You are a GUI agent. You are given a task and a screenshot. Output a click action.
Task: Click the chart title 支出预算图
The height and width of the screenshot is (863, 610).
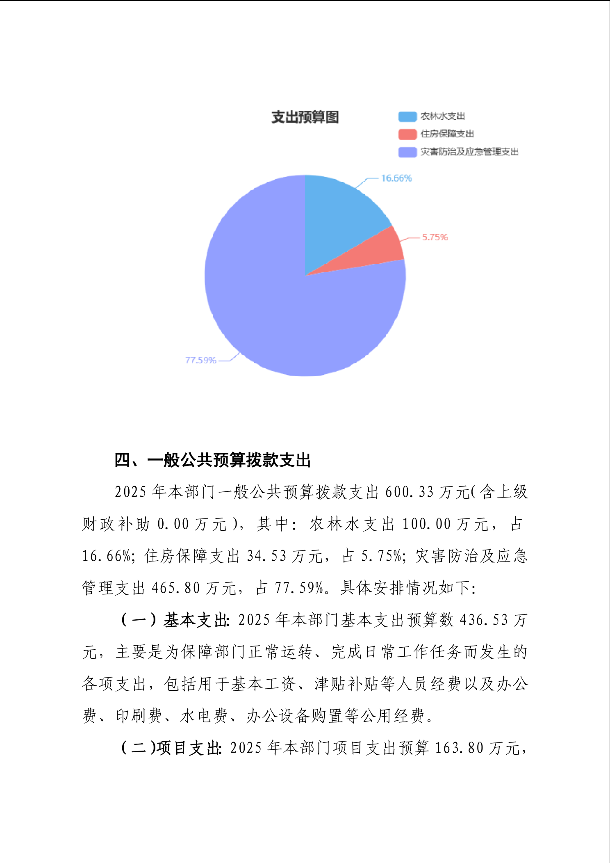click(305, 117)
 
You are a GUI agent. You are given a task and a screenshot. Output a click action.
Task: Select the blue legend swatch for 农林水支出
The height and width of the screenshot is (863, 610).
click(407, 116)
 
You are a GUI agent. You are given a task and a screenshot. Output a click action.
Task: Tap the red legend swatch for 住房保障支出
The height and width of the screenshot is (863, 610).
click(407, 134)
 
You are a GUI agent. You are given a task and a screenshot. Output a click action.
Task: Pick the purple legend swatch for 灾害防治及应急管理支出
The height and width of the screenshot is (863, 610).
click(407, 152)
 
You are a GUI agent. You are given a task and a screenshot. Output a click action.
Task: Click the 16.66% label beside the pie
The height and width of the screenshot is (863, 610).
click(396, 178)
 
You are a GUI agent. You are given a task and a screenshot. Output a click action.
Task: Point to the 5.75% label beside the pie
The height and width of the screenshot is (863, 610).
click(435, 237)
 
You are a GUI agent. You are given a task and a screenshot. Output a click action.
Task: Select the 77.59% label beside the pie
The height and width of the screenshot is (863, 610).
click(200, 360)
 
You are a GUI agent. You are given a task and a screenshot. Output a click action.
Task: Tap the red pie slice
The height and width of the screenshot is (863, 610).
click(387, 251)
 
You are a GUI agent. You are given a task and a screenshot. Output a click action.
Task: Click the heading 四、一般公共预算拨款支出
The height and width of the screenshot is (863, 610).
click(212, 460)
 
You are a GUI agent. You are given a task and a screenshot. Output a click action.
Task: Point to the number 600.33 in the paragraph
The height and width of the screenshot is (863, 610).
click(409, 492)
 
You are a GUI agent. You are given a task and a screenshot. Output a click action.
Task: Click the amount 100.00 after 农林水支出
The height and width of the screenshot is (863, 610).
click(426, 524)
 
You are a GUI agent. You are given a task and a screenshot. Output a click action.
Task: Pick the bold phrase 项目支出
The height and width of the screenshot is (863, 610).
click(188, 748)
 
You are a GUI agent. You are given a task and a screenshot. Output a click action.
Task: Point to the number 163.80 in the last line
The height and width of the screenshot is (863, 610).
click(459, 748)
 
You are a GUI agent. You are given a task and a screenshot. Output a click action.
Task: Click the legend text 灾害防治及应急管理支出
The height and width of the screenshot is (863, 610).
click(469, 152)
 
